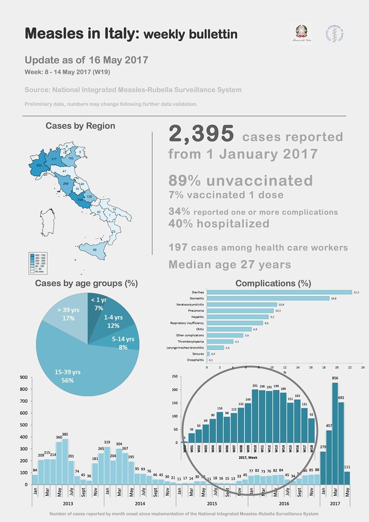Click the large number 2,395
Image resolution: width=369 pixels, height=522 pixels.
tap(201, 134)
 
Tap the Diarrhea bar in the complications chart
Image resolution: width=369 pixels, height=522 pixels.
tap(279, 292)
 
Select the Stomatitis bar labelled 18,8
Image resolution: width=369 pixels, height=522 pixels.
tap(268, 299)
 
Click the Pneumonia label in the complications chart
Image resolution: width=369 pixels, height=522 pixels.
tap(196, 311)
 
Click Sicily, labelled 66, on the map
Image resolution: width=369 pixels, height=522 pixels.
tap(94, 250)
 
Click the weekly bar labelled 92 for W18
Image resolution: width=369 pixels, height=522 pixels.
tap(311, 430)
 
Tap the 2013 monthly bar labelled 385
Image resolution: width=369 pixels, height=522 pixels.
tap(65, 462)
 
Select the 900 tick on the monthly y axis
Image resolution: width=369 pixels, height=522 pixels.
tap(24, 377)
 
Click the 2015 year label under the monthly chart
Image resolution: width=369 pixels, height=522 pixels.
tap(212, 504)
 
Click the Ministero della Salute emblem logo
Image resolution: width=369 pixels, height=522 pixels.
tap(301, 33)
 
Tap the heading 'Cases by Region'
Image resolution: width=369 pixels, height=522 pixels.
tap(80, 126)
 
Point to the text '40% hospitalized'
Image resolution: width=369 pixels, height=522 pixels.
tap(219, 223)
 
